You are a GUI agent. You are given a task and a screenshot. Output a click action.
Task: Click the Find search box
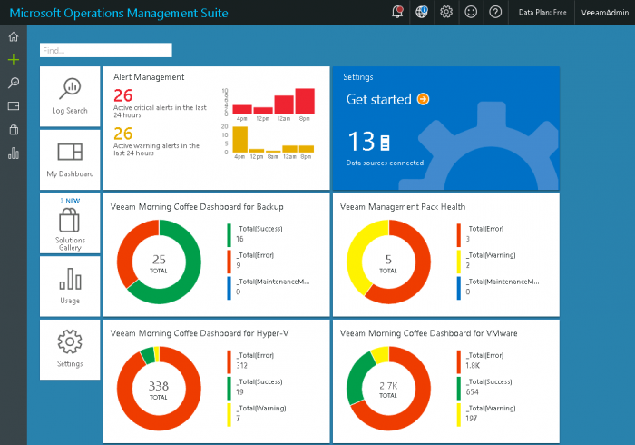pyautogui.click(x=105, y=50)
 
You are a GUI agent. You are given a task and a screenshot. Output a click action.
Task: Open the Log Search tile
pyautogui.click(x=70, y=95)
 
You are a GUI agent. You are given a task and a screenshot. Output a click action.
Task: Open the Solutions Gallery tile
pyautogui.click(x=70, y=223)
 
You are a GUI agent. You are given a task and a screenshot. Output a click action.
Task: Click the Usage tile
pyautogui.click(x=70, y=285)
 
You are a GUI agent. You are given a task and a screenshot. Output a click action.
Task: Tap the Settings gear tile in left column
pyautogui.click(x=70, y=348)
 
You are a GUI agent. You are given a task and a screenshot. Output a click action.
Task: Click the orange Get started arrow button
pyautogui.click(x=423, y=99)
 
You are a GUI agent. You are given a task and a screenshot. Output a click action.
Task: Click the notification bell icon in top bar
pyautogui.click(x=397, y=12)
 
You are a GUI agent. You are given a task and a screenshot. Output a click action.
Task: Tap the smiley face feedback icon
pyautogui.click(x=471, y=12)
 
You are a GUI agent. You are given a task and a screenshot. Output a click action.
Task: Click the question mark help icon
pyautogui.click(x=495, y=12)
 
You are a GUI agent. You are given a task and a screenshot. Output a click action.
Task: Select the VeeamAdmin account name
pyautogui.click(x=605, y=13)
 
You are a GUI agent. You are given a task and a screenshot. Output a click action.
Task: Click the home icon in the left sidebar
pyautogui.click(x=13, y=37)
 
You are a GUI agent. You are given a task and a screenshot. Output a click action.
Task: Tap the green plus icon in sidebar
pyautogui.click(x=13, y=60)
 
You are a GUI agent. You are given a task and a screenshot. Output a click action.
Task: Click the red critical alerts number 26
pyautogui.click(x=123, y=95)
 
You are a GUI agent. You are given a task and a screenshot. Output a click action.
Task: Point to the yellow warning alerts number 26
pyautogui.click(x=123, y=133)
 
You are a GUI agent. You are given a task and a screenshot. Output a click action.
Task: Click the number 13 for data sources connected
pyautogui.click(x=361, y=142)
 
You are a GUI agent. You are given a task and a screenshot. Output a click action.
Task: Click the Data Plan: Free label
pyautogui.click(x=542, y=13)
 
